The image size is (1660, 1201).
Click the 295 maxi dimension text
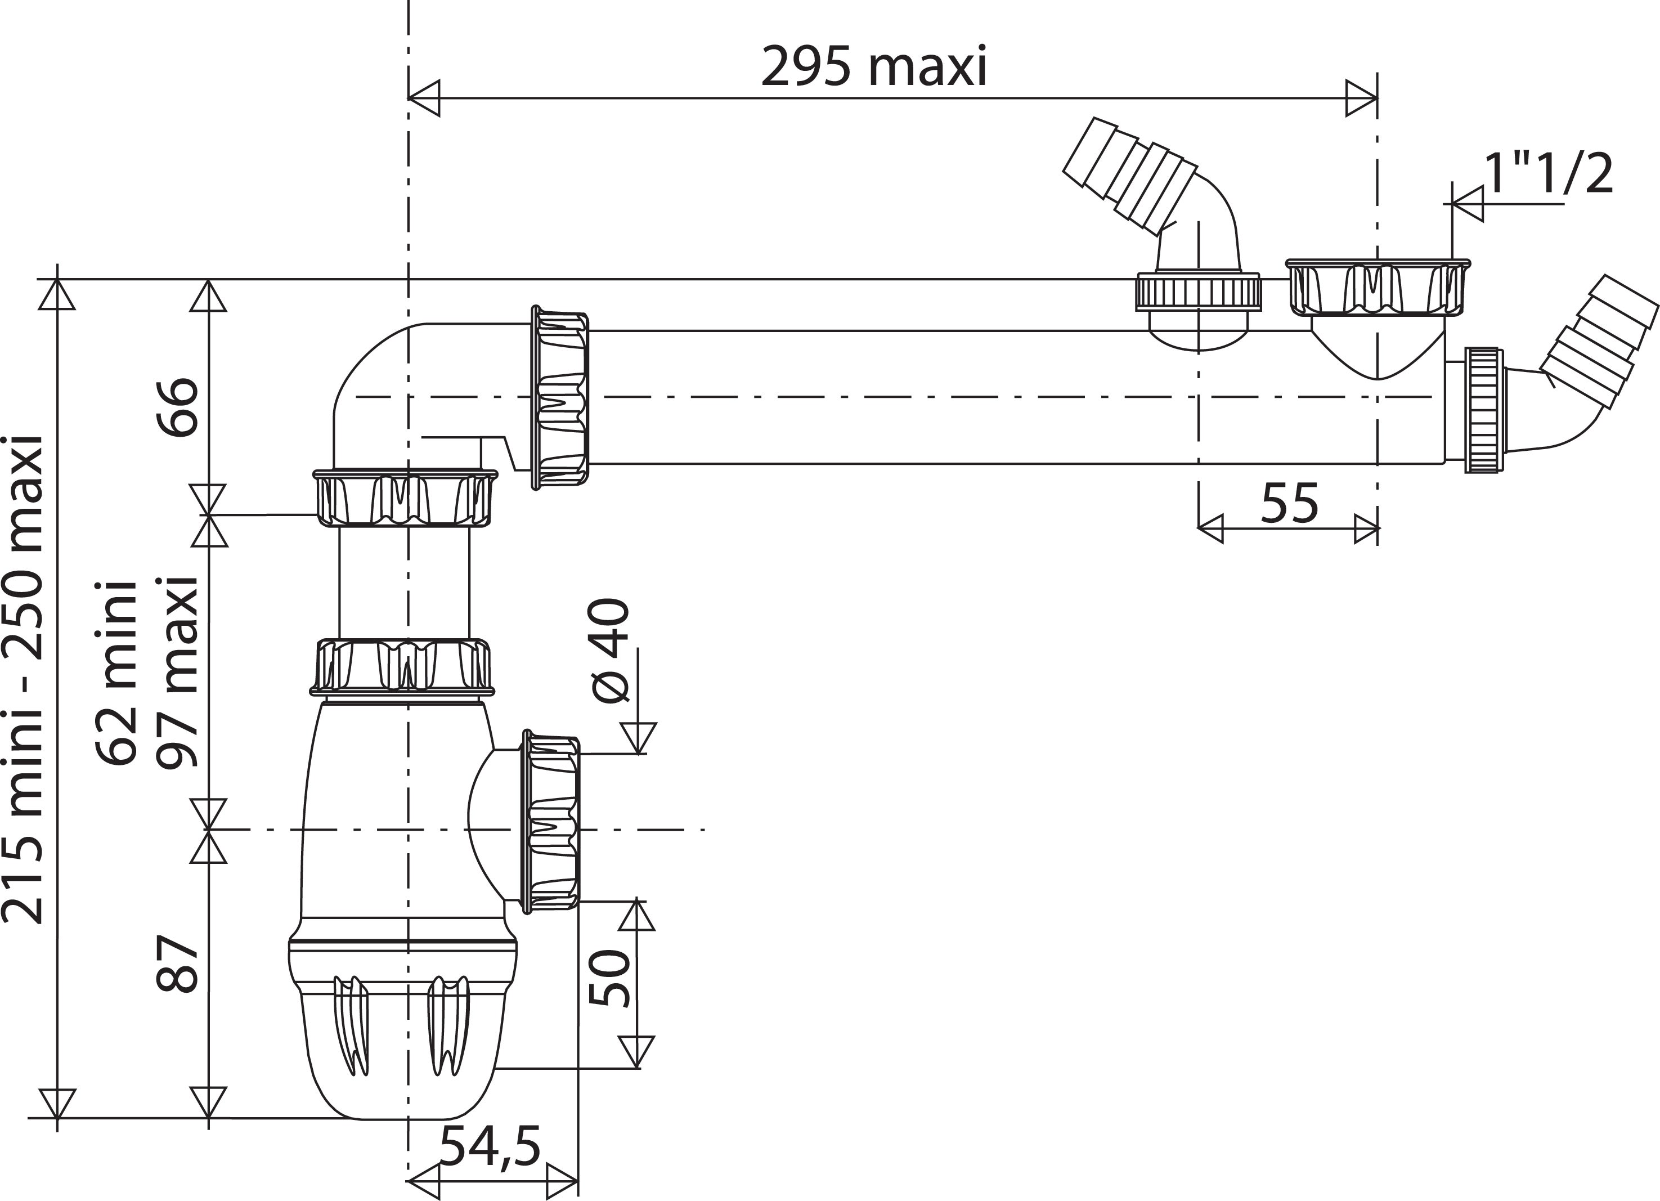(874, 68)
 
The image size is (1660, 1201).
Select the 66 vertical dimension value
(178, 407)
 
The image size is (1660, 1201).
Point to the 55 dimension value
(1289, 504)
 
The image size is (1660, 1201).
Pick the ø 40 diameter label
(609, 651)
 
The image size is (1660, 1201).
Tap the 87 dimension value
(178, 963)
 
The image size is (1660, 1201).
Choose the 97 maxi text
(178, 673)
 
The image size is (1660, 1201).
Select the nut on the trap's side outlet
(550, 821)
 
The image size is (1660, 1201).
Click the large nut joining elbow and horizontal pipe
(560, 398)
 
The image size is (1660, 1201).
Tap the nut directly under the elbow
(405, 498)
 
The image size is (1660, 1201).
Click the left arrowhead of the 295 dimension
(424, 98)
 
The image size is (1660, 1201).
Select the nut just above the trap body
(402, 666)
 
